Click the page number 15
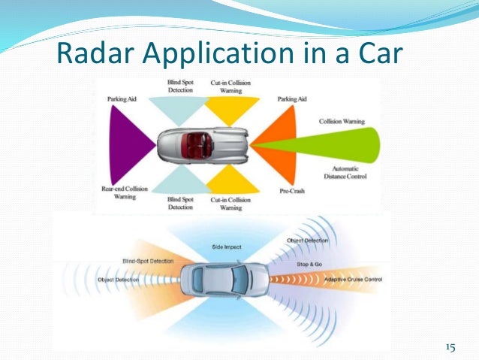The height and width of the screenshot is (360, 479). [450, 347]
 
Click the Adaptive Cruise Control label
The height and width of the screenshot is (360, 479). [353, 280]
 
